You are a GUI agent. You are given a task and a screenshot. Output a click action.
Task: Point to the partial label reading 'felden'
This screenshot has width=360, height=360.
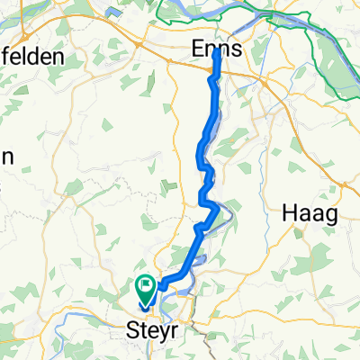[32, 56]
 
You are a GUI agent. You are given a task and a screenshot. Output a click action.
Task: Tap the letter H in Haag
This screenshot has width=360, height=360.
[289, 213]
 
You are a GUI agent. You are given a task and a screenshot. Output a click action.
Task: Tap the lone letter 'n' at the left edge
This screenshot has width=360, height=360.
[7, 155]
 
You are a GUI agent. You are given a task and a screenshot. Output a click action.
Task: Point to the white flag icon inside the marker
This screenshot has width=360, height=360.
[146, 286]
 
